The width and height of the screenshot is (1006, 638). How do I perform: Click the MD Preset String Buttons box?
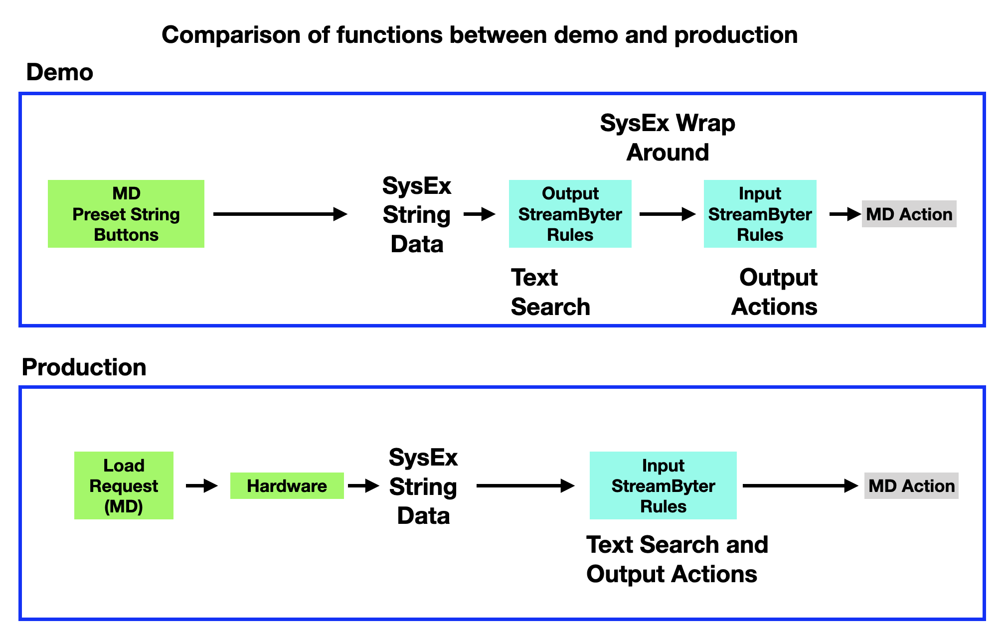tap(126, 214)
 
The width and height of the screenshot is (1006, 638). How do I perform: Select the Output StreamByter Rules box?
tap(570, 214)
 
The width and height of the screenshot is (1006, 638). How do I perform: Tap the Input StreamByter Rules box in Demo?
tap(760, 214)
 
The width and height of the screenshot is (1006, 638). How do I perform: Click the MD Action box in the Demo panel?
tap(909, 214)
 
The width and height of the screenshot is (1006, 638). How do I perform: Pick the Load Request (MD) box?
tap(124, 485)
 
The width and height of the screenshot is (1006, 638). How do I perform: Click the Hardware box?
tap(287, 485)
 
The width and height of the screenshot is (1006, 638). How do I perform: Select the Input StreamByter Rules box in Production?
tap(663, 485)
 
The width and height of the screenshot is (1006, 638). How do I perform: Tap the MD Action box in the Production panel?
tap(911, 485)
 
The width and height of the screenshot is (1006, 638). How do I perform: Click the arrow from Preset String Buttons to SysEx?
tap(280, 214)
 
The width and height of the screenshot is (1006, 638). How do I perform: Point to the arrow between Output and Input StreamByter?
tap(668, 214)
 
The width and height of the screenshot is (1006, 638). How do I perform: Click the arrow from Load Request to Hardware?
tap(202, 485)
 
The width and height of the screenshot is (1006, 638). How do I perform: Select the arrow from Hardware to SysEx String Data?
tap(364, 485)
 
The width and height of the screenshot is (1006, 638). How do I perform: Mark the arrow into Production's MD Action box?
tap(801, 485)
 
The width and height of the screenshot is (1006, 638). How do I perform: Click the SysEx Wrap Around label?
tap(668, 138)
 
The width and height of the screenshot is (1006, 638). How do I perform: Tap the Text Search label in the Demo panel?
tap(550, 292)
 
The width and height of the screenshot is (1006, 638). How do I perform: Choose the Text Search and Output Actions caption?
tap(677, 559)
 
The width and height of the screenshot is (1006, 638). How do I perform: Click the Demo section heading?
tap(60, 72)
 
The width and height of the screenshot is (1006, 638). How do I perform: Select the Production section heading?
tap(84, 367)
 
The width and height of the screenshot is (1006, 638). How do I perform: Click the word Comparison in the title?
tap(231, 35)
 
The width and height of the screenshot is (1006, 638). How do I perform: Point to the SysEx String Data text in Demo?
tap(417, 215)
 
